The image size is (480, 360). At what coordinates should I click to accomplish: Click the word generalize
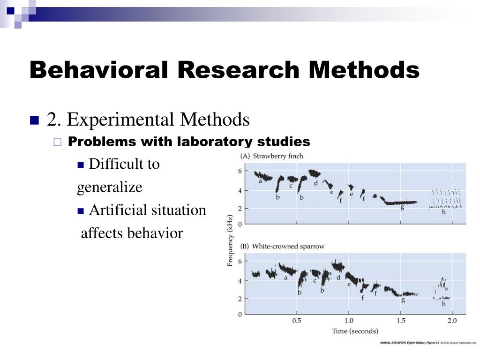click(x=110, y=187)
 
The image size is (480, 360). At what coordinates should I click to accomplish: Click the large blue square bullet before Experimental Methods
click(x=34, y=120)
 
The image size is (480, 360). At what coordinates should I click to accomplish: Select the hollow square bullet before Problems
click(x=58, y=142)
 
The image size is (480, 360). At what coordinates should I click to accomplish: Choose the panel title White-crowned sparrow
click(x=288, y=247)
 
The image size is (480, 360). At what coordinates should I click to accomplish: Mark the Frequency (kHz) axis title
click(x=230, y=241)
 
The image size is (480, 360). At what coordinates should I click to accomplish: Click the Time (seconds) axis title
click(x=355, y=331)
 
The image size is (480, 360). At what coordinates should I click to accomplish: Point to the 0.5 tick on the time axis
click(x=297, y=321)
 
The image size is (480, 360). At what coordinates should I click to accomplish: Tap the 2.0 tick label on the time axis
click(x=451, y=321)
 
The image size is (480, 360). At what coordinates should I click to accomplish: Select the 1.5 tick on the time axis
click(x=400, y=321)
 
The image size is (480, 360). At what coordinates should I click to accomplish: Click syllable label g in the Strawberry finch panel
click(x=402, y=208)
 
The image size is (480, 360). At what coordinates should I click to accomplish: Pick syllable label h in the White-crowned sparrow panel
click(x=443, y=304)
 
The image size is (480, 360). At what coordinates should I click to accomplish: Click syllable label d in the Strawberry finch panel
click(x=316, y=183)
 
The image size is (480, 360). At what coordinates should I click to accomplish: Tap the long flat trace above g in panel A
click(x=400, y=202)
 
